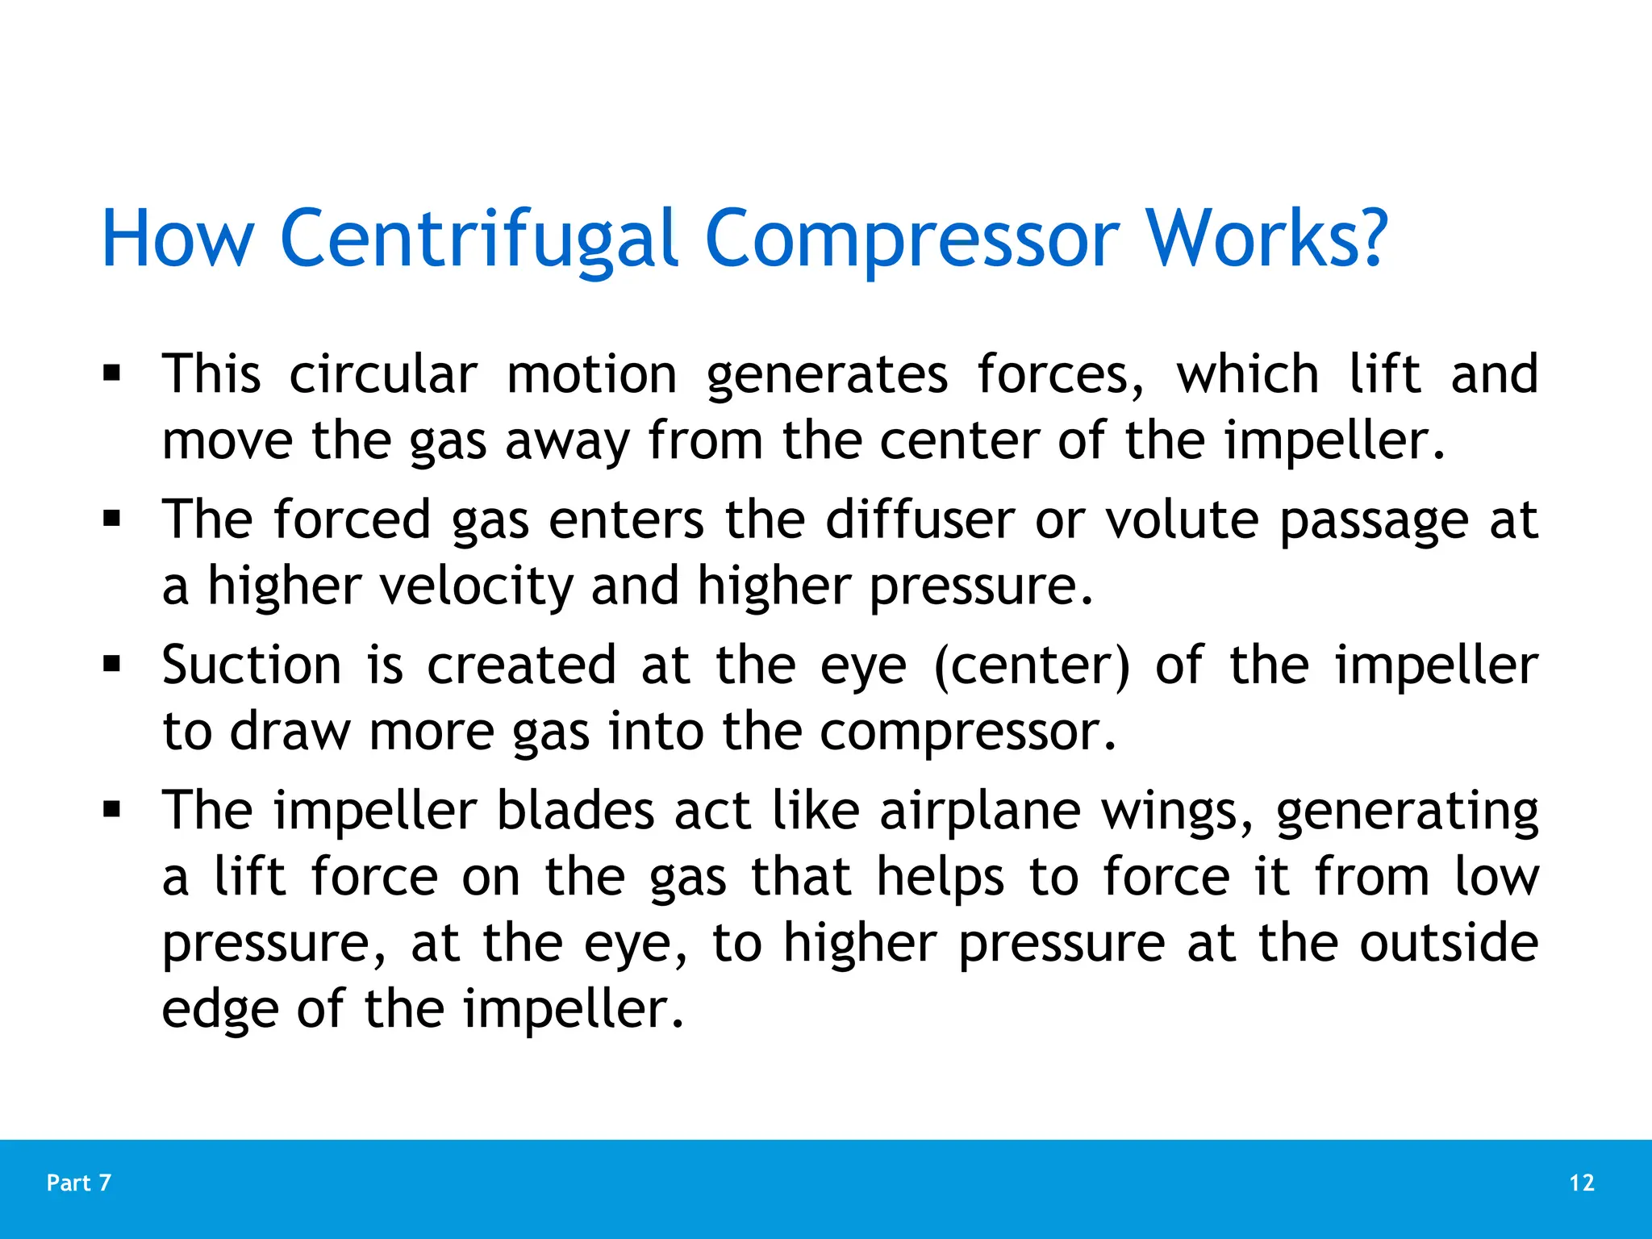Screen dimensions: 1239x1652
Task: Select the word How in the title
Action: [177, 240]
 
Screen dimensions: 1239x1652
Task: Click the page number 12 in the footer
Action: [1581, 1183]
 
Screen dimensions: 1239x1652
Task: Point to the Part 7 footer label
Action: [79, 1183]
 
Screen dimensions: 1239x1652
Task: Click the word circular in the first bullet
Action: [383, 374]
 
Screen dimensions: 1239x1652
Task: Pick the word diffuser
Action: [920, 519]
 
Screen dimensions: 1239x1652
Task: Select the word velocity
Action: [476, 586]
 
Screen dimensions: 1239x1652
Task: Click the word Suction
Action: [252, 665]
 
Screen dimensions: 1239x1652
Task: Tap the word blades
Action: [575, 811]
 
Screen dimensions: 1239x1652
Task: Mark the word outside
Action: [1449, 943]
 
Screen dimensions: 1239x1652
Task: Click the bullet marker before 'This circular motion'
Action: [112, 374]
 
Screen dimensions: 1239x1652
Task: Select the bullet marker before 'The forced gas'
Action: [112, 519]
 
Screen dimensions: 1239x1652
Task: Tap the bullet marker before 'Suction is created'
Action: [112, 665]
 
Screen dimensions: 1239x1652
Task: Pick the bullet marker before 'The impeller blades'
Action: [112, 811]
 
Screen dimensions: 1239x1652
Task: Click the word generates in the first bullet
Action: [827, 374]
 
